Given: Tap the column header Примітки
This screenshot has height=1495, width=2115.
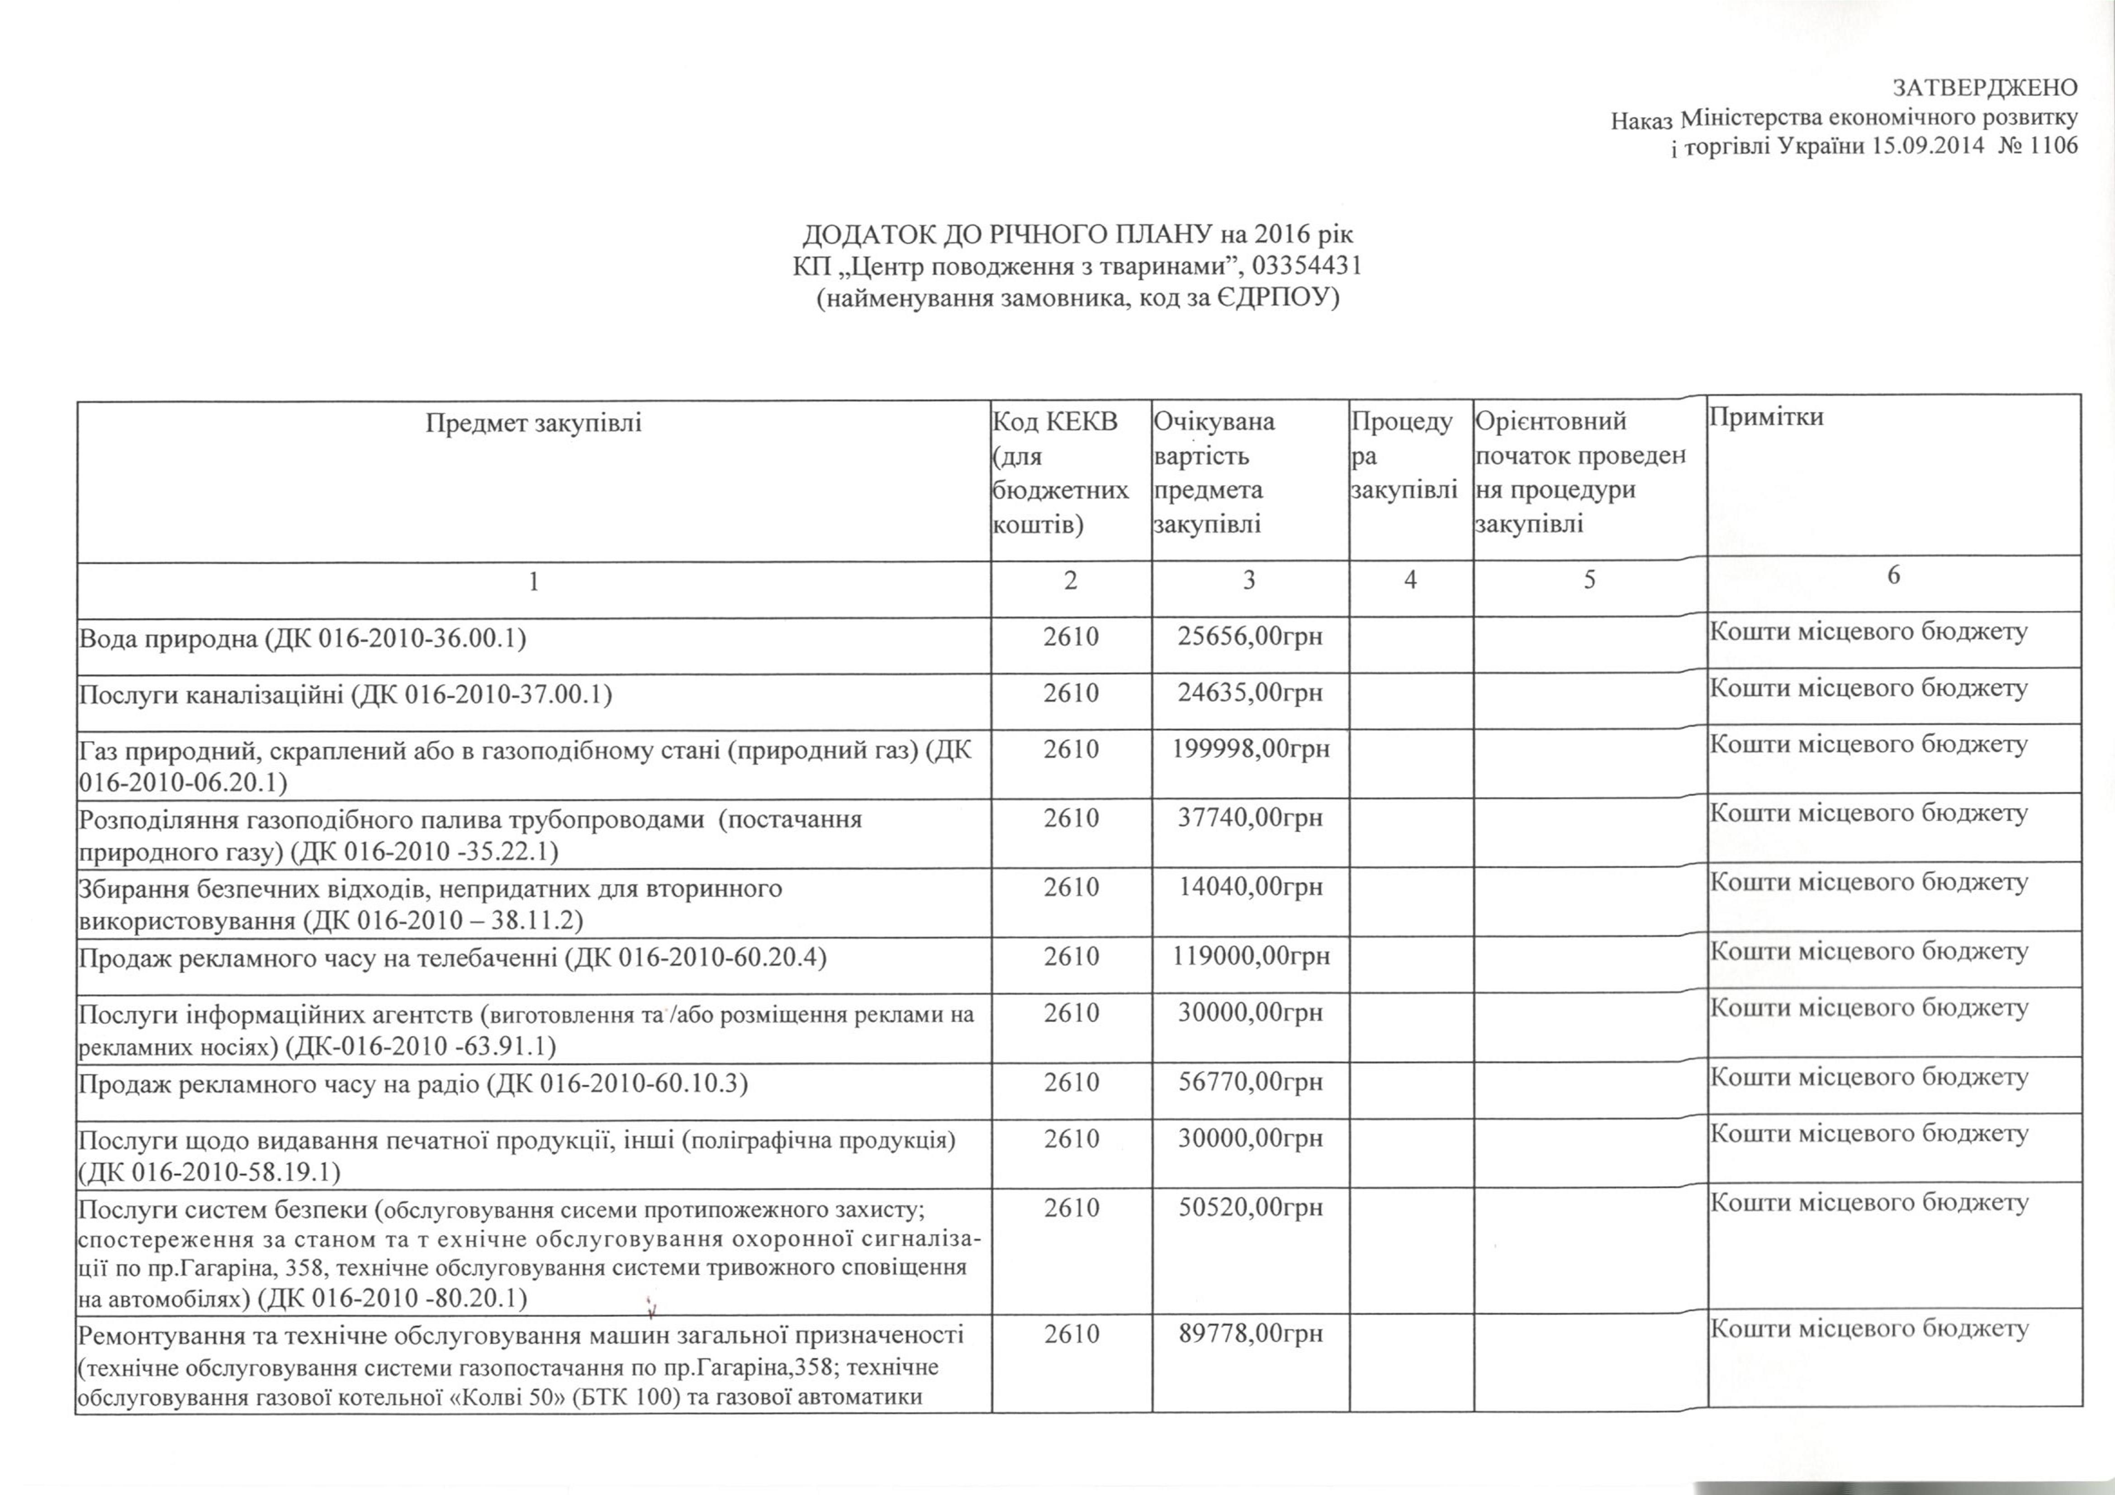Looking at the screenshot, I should point(1766,416).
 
